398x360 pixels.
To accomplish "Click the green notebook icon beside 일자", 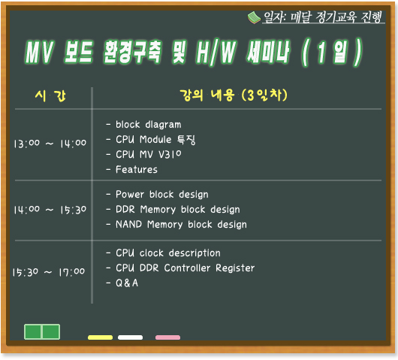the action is (x=254, y=18).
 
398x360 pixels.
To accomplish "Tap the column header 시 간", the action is (x=50, y=96).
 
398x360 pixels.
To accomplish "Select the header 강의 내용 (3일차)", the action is (x=234, y=95).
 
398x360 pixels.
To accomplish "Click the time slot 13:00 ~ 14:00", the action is (x=50, y=144).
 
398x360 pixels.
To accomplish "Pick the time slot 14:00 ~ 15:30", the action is (x=50, y=210).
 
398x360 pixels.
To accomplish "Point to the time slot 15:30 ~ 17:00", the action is (x=49, y=272).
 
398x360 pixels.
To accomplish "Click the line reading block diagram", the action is (x=149, y=125).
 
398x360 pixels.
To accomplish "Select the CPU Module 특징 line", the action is (x=155, y=140).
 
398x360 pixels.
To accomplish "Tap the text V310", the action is (x=170, y=154).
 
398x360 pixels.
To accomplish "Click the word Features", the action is (x=137, y=169).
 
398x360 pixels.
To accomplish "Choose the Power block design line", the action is (x=162, y=195).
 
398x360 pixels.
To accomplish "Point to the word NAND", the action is (x=128, y=224).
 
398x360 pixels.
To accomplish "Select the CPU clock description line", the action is (x=168, y=253).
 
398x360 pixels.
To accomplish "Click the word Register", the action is (x=235, y=268).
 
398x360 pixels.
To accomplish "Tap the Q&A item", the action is (x=127, y=283).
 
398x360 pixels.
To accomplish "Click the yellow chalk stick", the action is (x=101, y=337).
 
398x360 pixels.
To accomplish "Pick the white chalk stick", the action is (x=130, y=337).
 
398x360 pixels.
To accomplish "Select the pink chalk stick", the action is (x=167, y=337).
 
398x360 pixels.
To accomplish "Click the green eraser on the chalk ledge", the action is (x=42, y=331).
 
